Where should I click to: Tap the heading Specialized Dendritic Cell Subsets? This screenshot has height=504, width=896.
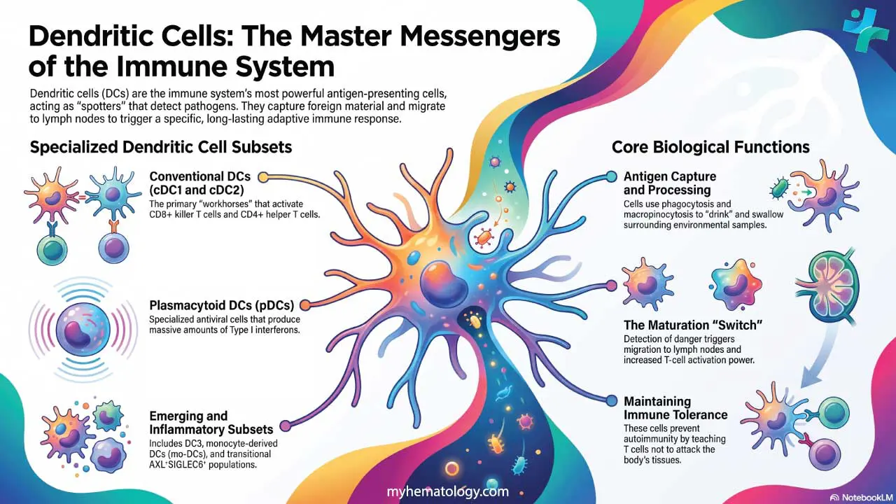click(x=161, y=147)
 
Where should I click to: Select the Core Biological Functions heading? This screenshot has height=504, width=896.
click(x=710, y=147)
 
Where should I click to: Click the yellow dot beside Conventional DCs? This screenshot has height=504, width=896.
click(x=263, y=177)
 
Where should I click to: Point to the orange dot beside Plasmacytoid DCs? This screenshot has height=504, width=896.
click(x=304, y=305)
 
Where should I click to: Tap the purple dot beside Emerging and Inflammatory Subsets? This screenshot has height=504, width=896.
click(x=285, y=426)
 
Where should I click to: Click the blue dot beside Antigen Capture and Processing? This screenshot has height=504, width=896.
click(x=611, y=176)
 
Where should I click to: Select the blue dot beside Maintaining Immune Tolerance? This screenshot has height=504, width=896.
click(x=612, y=400)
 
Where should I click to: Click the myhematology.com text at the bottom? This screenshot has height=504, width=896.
click(x=447, y=491)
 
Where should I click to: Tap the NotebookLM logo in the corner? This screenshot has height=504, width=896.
click(x=862, y=497)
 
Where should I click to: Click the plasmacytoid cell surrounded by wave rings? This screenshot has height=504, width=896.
click(x=83, y=330)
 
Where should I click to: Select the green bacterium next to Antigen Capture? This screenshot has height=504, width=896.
click(x=779, y=188)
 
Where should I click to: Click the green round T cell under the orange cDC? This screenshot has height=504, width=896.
click(x=52, y=248)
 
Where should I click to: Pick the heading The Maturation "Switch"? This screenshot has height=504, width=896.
click(x=693, y=325)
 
